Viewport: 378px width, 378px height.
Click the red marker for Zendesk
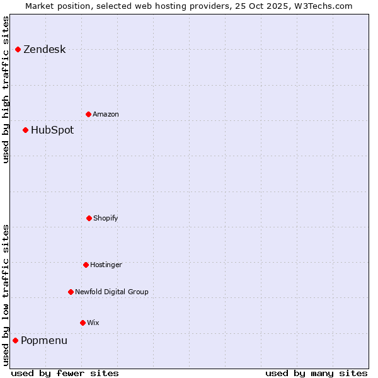[x=18, y=49]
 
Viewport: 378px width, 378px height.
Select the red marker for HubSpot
[x=26, y=130]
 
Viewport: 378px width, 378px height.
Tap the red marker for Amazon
[x=89, y=114]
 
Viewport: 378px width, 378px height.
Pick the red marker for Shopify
[x=89, y=218]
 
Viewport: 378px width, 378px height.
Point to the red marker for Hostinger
[x=86, y=265]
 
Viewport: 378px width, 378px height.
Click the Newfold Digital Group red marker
[x=71, y=292]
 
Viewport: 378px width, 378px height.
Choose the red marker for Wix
[x=83, y=323]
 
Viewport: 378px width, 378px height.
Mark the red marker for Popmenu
[x=16, y=340]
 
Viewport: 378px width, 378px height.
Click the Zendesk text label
[x=45, y=50]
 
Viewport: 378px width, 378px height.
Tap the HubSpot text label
[x=52, y=130]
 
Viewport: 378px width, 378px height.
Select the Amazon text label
[x=106, y=115]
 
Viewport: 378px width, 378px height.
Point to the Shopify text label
[x=106, y=219]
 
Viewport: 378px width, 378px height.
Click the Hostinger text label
[x=106, y=265]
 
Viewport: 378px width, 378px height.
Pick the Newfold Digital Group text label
[x=112, y=292]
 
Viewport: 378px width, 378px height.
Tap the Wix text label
[x=93, y=323]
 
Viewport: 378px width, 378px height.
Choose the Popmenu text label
[x=44, y=341]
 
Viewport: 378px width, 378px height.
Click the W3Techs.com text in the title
[x=321, y=6]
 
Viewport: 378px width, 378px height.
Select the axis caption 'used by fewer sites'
[x=65, y=373]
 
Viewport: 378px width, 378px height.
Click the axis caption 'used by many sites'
[x=316, y=373]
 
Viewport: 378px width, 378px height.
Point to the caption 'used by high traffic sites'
[x=6, y=89]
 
